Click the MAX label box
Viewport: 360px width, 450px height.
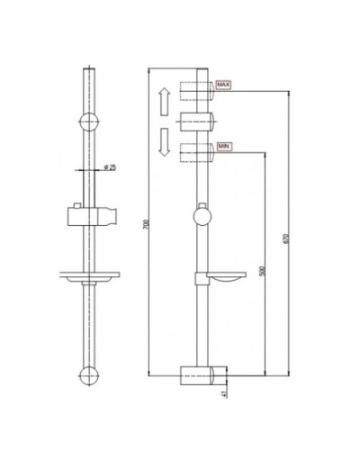point(223,85)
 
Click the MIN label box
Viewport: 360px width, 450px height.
point(222,145)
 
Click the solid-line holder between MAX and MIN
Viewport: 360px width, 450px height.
point(199,120)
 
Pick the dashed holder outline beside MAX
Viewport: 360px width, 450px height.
point(197,92)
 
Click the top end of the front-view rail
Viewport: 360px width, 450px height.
point(88,70)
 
